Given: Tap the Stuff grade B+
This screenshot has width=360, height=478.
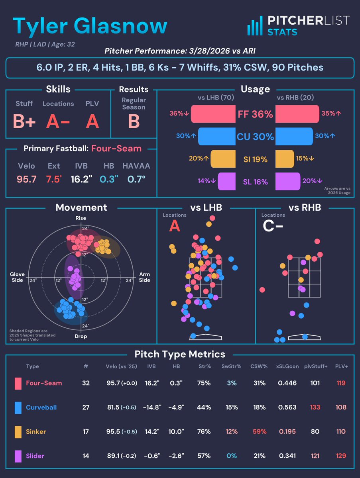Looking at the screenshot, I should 24,121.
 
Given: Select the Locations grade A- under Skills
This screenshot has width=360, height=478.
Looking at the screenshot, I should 58,121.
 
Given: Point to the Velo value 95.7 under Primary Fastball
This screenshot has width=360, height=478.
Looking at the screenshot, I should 26,179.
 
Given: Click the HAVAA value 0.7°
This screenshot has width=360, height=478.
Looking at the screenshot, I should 136,179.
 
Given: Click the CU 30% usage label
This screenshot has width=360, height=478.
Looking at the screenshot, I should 256,137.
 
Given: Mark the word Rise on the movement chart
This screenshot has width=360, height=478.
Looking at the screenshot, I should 81,218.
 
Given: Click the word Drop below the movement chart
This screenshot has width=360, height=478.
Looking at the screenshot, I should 81,336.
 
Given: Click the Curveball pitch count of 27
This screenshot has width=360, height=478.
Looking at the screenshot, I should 85,407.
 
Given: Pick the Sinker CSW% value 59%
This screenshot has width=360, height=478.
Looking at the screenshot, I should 259,431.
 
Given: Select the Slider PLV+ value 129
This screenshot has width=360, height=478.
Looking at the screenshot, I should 341,456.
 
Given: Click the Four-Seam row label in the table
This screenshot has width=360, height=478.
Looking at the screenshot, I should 44,383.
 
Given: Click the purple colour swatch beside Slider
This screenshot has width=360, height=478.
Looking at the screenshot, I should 18,456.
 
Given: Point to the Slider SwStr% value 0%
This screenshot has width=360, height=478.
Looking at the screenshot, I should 231,456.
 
